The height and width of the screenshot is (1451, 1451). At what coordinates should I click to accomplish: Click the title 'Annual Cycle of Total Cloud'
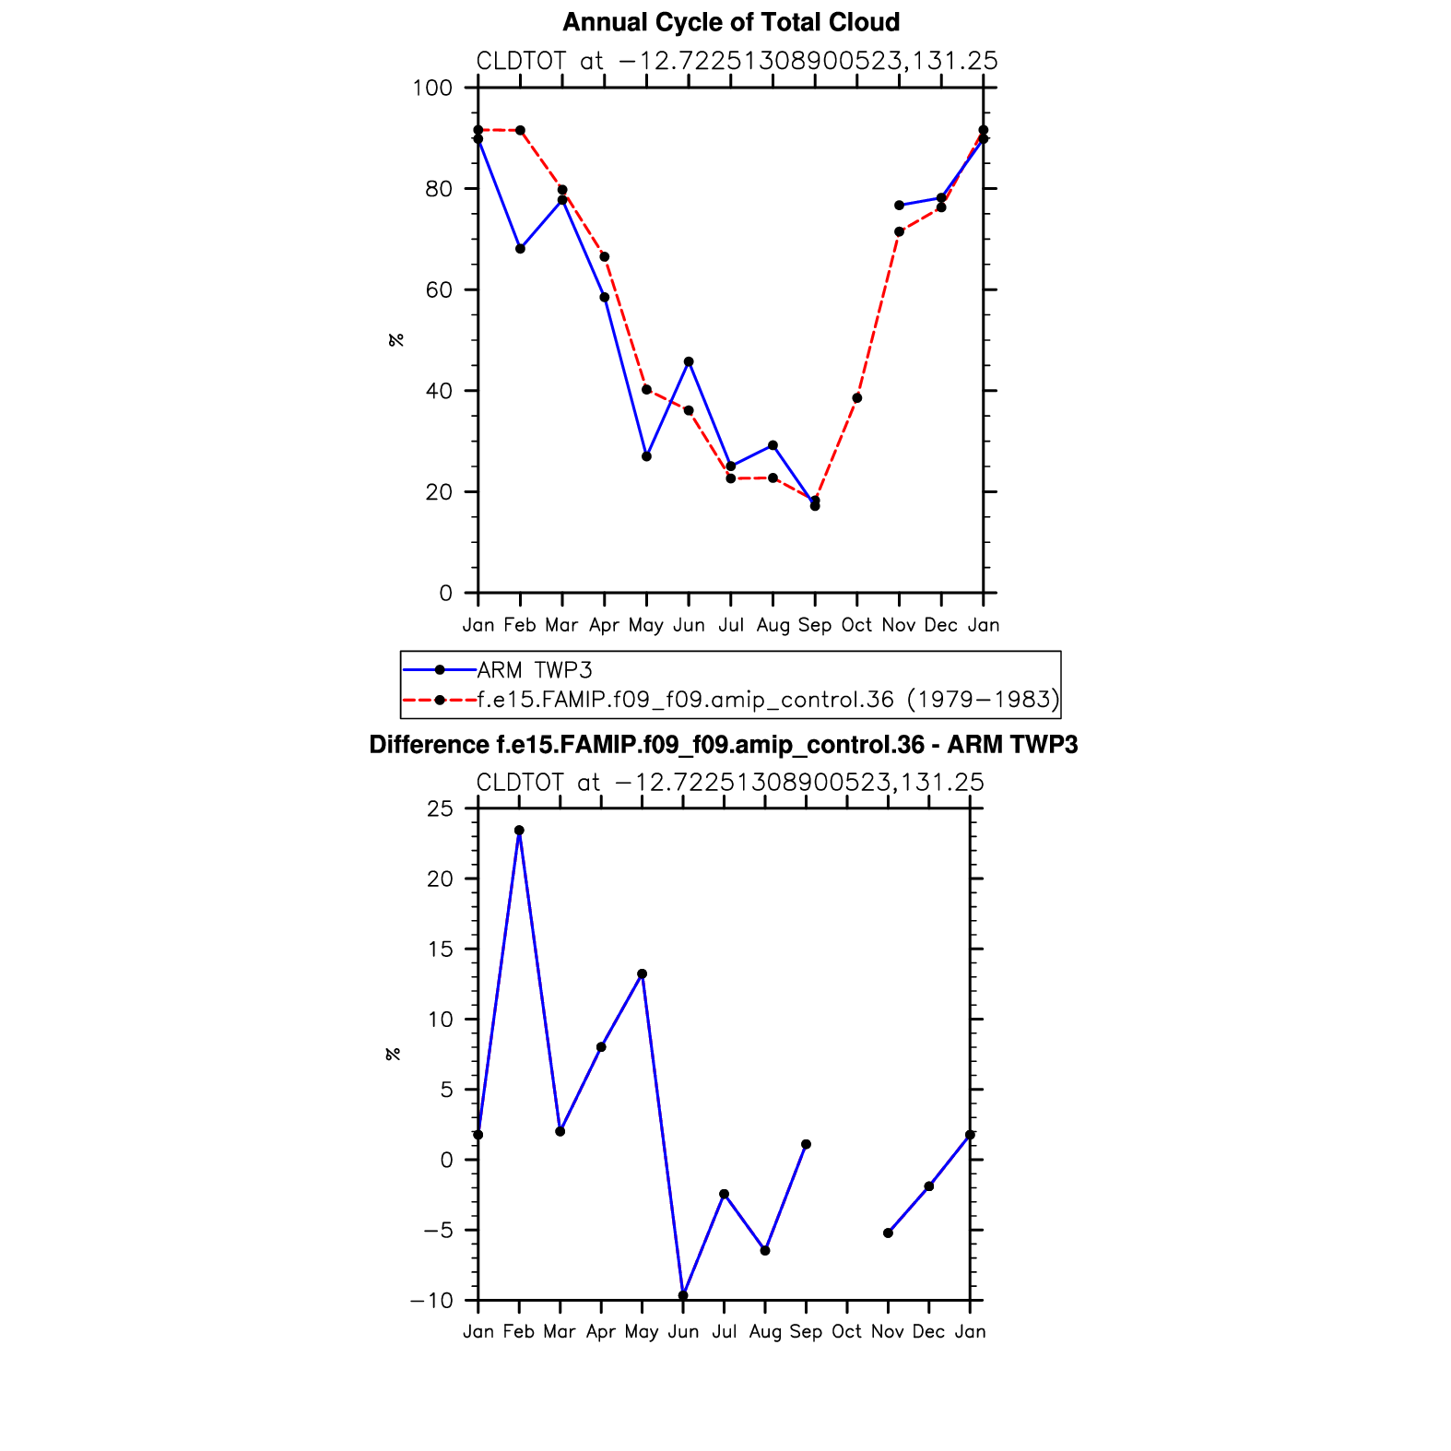click(x=730, y=22)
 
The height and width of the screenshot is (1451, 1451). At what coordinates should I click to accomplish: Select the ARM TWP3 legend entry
click(x=534, y=670)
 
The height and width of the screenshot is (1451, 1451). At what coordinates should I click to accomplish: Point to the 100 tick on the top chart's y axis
click(x=433, y=88)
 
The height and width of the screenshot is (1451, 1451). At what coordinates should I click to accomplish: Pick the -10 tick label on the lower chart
click(x=432, y=1301)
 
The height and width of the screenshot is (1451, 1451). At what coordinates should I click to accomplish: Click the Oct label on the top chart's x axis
click(x=856, y=625)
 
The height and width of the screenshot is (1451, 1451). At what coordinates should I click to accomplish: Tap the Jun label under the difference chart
click(x=683, y=1332)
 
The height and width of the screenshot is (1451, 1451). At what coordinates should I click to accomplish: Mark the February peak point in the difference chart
click(x=519, y=831)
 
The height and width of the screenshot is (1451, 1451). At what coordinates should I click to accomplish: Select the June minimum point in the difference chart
click(x=683, y=1295)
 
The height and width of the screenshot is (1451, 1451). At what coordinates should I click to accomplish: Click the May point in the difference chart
click(x=643, y=974)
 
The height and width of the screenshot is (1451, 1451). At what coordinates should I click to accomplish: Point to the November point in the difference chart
click(x=888, y=1233)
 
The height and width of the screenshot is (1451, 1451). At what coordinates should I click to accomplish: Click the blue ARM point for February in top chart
click(x=520, y=249)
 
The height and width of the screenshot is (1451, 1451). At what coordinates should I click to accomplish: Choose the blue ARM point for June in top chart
click(x=689, y=362)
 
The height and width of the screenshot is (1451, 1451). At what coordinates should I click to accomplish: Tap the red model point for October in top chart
click(x=857, y=398)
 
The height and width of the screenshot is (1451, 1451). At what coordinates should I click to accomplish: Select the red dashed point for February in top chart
click(x=520, y=131)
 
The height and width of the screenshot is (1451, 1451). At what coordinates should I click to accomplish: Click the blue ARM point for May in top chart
click(x=646, y=456)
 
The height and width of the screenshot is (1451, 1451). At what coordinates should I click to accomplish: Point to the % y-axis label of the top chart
click(x=396, y=340)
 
